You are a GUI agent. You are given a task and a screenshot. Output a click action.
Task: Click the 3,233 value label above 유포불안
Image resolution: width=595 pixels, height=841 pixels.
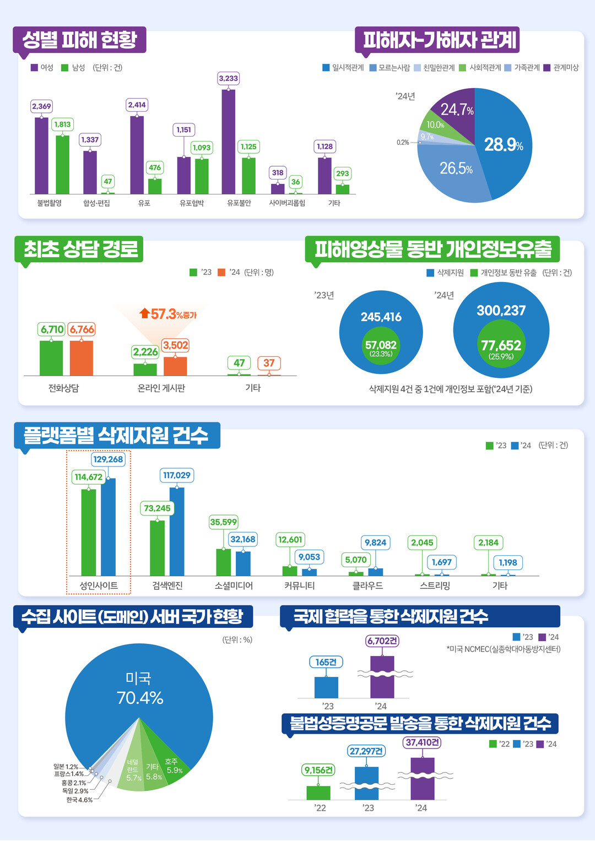pos(228,78)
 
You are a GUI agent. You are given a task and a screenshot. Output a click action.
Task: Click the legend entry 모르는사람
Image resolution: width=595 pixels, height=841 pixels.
pos(390,68)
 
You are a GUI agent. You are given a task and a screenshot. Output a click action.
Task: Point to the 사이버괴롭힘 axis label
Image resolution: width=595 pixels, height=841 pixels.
pos(287,203)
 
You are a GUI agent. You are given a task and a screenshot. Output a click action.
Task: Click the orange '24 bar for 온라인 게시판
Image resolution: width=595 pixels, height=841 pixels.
pos(175,366)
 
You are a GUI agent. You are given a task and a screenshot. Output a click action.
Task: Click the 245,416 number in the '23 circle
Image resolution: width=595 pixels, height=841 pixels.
pos(381,317)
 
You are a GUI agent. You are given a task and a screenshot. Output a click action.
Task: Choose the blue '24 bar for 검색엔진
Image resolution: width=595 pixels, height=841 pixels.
pos(177,531)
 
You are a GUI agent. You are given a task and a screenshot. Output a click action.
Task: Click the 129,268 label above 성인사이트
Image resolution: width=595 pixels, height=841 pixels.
pos(108,459)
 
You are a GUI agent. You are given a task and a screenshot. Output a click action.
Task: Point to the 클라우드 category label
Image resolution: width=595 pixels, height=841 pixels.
pos(367,585)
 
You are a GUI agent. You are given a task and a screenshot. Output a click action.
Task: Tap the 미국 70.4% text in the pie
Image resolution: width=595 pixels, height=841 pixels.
pos(140,688)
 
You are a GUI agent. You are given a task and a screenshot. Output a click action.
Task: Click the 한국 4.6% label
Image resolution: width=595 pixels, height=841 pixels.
pos(79,800)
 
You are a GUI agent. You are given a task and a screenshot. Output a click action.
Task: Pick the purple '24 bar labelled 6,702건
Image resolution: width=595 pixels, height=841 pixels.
pos(382,677)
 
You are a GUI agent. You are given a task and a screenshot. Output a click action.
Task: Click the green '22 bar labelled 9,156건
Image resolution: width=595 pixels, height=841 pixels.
pos(318,793)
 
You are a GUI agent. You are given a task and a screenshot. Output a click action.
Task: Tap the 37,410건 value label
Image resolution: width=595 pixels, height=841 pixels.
pos(423,742)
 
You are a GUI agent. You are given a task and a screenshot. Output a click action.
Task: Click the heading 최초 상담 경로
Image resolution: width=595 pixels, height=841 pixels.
pos(80,249)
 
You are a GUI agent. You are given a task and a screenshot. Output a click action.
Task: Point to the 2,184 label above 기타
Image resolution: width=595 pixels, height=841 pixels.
pos(488,542)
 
